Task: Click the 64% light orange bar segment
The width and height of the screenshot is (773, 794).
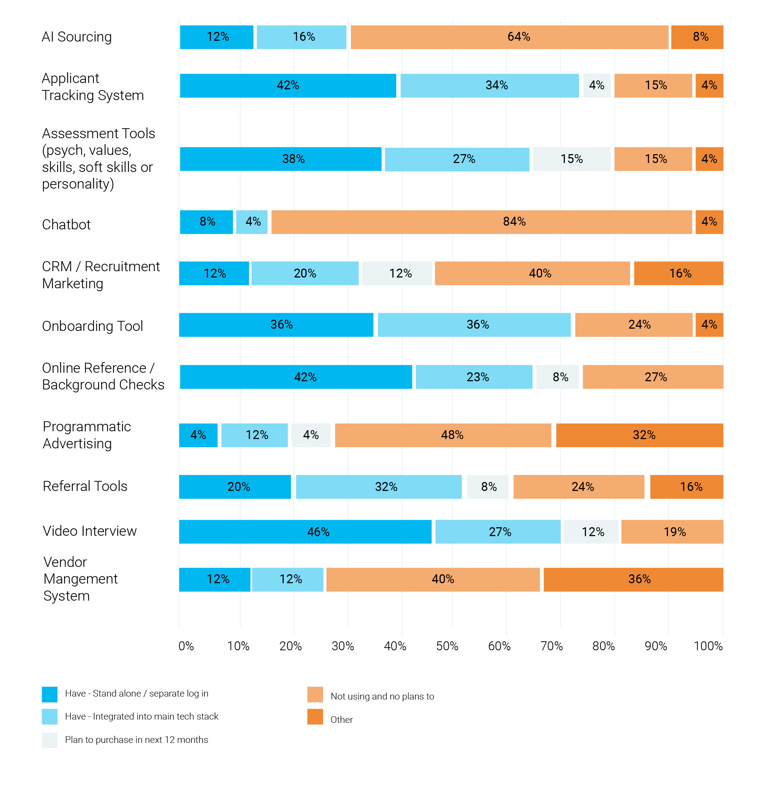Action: pyautogui.click(x=509, y=37)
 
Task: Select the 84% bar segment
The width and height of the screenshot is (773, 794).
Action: pyautogui.click(x=481, y=222)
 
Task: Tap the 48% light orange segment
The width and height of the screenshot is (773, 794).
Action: pyautogui.click(x=443, y=435)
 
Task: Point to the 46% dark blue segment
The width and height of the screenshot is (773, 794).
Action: pyautogui.click(x=305, y=532)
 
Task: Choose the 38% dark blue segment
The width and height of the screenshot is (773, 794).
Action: pyautogui.click(x=280, y=159)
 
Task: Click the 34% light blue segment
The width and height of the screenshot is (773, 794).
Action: pyautogui.click(x=489, y=86)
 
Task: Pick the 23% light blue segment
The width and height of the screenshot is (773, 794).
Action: pyautogui.click(x=474, y=377)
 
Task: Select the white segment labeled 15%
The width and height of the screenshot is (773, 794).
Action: pyautogui.click(x=572, y=159)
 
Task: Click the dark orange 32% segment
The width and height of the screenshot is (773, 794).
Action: pyautogui.click(x=639, y=435)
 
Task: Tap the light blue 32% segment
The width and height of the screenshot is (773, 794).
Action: pyautogui.click(x=378, y=486)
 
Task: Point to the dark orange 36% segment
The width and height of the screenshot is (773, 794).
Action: pyautogui.click(x=633, y=579)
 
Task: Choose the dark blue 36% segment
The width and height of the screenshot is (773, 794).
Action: pyautogui.click(x=276, y=325)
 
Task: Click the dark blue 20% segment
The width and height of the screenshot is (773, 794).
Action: pyautogui.click(x=235, y=486)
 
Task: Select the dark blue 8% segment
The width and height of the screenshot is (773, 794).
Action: pyautogui.click(x=206, y=222)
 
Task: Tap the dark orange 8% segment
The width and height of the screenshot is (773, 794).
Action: pyautogui.click(x=697, y=37)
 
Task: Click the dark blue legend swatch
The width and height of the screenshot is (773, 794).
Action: pyautogui.click(x=50, y=694)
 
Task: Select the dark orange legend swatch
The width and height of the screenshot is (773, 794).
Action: pyautogui.click(x=315, y=717)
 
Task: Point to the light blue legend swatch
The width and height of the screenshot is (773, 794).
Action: pyautogui.click(x=50, y=717)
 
